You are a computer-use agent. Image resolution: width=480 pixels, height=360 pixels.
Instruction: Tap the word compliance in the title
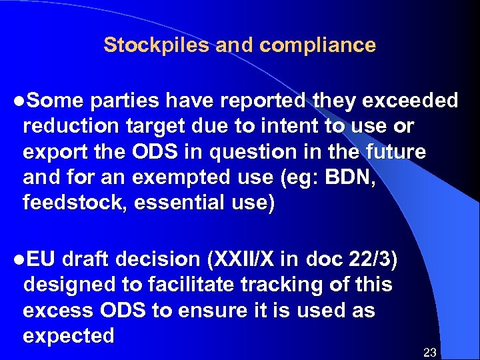coord(318,46)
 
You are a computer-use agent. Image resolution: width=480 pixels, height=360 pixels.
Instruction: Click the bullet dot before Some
coord(17,101)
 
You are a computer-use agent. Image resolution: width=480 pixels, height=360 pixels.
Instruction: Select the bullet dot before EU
coord(17,260)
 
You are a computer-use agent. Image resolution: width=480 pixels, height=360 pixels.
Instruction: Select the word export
coord(52,152)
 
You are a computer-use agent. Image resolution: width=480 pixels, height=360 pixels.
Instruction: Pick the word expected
coord(68,336)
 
